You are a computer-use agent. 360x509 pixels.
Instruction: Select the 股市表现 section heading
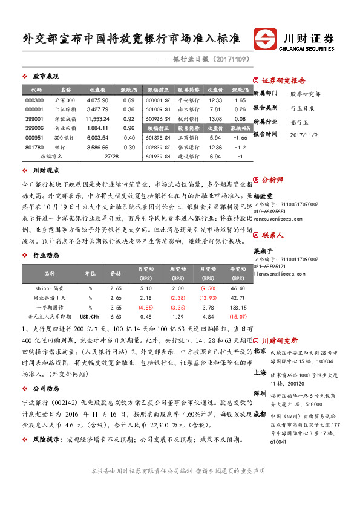pyautogui.click(x=45, y=76)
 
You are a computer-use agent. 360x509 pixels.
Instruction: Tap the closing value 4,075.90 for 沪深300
pyautogui.click(x=97, y=100)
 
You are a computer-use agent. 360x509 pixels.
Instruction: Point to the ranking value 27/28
pyautogui.click(x=111, y=157)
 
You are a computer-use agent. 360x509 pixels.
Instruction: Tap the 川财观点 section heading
pyautogui.click(x=45, y=171)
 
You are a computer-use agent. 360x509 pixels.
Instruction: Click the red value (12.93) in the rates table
pyautogui.click(x=208, y=297)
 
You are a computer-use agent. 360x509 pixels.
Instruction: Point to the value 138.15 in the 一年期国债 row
pyautogui.click(x=237, y=307)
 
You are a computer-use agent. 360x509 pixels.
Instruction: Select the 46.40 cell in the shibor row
pyautogui.click(x=238, y=288)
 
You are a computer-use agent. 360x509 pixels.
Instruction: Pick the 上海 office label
pyautogui.click(x=260, y=373)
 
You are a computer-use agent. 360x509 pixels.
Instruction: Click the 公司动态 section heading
pyautogui.click(x=45, y=388)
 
